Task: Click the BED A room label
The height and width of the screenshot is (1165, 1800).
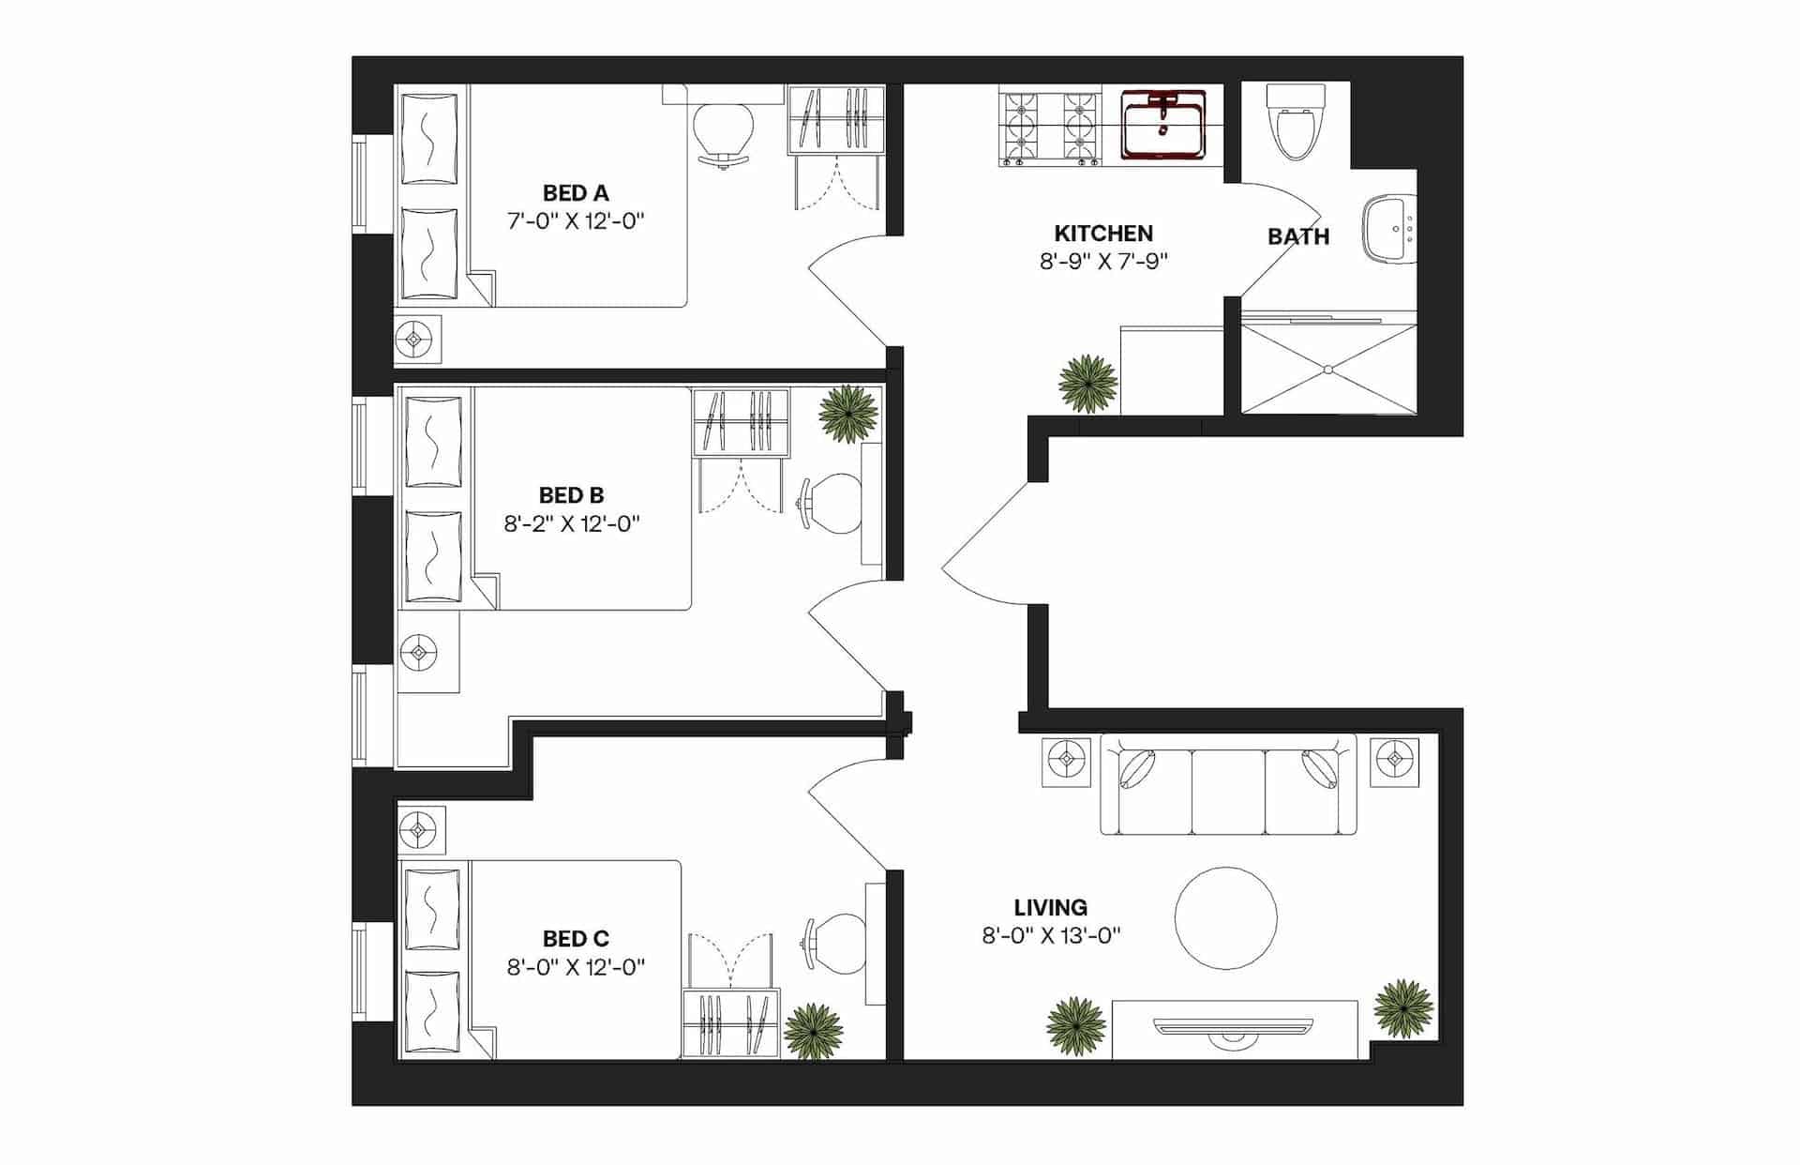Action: coord(576,193)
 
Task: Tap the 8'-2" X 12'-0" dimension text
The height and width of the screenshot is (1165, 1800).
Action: coord(572,524)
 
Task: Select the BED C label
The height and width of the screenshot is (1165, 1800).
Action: coord(576,939)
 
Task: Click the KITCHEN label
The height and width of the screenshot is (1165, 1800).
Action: coord(1103,234)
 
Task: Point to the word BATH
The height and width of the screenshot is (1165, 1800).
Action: coord(1298,236)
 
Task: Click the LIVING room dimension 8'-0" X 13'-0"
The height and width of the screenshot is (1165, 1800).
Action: coord(1051,935)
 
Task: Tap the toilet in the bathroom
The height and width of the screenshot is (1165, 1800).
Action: coord(1294,126)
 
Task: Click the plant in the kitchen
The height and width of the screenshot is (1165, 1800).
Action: coord(1087,382)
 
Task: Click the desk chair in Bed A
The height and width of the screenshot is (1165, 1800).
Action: coord(723,132)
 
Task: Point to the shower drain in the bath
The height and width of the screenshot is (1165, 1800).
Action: coord(1328,370)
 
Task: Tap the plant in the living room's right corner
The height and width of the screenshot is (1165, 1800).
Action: coord(1402,1007)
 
